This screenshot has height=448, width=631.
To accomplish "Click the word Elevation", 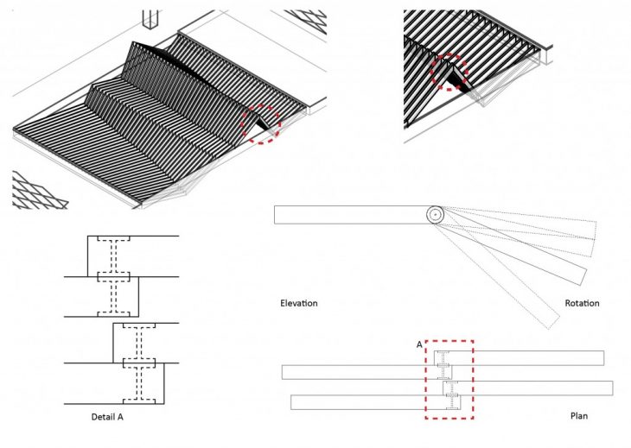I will pyautogui.click(x=299, y=303).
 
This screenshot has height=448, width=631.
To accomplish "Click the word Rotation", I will pyautogui.click(x=582, y=303).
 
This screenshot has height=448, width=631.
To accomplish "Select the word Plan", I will pyautogui.click(x=579, y=416).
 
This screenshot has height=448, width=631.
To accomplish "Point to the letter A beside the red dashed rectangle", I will pyautogui.click(x=419, y=344).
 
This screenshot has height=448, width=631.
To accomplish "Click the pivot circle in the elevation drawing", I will pyautogui.click(x=435, y=214).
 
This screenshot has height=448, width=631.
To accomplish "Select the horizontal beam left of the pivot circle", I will pyautogui.click(x=350, y=214).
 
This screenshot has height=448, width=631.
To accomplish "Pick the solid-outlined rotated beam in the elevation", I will pyautogui.click(x=519, y=250).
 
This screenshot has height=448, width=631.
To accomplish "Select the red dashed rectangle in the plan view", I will pyautogui.click(x=449, y=380).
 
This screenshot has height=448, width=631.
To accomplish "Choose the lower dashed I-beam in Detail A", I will pyautogui.click(x=138, y=363).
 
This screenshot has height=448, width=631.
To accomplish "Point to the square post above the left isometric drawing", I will pyautogui.click(x=151, y=19).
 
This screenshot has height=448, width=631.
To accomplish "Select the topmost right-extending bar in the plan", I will pyautogui.click(x=527, y=357).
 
